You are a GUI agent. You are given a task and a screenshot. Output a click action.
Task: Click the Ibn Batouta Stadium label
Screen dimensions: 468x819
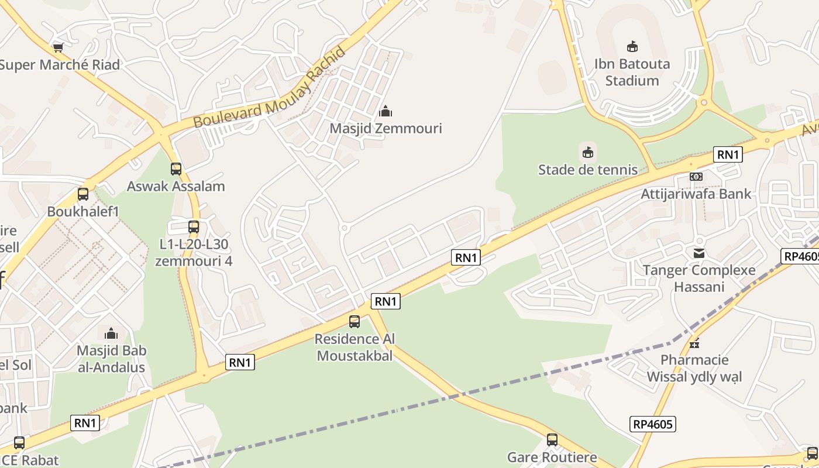coord(632,72)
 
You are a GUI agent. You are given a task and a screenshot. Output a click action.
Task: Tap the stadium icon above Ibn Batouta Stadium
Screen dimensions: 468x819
coord(632,47)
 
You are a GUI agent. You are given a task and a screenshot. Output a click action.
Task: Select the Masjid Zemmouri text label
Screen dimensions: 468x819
coord(386,128)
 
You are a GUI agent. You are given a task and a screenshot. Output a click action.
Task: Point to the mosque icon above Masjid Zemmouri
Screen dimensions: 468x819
coord(386,111)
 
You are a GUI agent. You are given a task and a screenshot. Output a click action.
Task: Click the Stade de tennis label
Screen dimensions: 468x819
coord(587,170)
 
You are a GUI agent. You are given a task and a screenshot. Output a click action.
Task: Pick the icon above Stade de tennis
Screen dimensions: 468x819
coord(587,153)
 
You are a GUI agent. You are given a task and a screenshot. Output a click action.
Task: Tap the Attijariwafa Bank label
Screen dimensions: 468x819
coord(696,194)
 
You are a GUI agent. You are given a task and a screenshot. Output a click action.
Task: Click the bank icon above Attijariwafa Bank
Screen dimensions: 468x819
coord(696,176)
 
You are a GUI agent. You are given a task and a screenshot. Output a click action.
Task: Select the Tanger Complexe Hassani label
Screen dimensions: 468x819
coord(699,278)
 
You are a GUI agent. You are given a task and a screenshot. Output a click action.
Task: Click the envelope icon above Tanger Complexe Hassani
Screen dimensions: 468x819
coord(699,253)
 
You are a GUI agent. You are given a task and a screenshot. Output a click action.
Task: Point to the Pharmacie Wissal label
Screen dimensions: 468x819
coord(694,368)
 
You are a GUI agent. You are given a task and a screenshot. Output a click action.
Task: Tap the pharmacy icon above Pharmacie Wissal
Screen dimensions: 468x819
coord(694,343)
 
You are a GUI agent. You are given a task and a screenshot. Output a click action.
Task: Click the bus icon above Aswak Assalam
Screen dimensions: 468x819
coord(175,169)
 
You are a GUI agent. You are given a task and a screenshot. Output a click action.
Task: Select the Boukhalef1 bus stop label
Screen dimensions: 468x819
coord(83,211)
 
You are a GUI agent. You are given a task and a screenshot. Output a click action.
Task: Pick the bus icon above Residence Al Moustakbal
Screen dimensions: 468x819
coord(355,321)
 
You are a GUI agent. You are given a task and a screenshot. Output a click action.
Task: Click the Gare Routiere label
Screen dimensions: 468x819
coord(552,457)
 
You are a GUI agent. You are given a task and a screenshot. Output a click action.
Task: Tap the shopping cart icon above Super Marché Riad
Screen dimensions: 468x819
coord(58,47)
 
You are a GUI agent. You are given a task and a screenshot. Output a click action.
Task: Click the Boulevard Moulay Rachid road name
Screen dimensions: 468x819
coord(270,88)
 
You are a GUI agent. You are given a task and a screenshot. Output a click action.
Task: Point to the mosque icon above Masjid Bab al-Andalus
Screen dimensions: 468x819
coord(111,334)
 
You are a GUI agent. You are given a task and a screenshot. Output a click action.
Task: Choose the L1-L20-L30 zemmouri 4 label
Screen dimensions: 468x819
coord(194,252)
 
